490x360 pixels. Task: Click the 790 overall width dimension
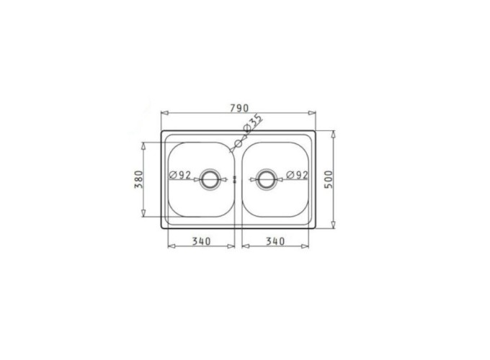(x=239, y=108)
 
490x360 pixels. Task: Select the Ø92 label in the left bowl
(x=180, y=175)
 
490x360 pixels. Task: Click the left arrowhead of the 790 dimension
(x=163, y=114)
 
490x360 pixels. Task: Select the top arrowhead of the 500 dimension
(x=334, y=134)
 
